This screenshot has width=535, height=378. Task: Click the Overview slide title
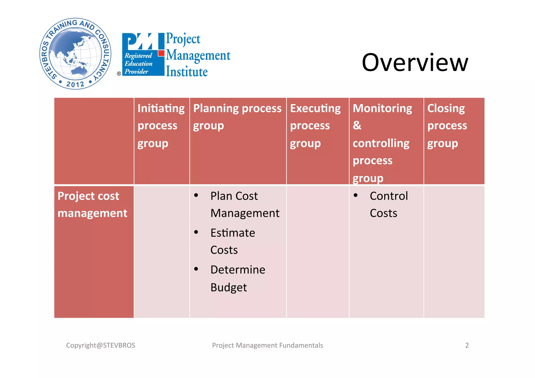[x=415, y=62]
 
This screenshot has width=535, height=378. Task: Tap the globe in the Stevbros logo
[x=75, y=54]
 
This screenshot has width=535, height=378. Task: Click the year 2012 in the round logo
[x=75, y=84]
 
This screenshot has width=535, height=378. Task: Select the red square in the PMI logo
[x=161, y=53]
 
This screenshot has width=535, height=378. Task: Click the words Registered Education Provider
[x=138, y=63]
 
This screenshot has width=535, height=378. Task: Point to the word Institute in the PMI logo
[x=187, y=72]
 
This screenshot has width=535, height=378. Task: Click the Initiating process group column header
[x=161, y=126]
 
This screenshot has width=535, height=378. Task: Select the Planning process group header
[x=237, y=117]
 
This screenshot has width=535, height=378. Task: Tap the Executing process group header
[x=315, y=126]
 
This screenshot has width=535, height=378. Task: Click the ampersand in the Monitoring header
[x=357, y=125]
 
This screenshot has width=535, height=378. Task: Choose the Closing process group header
[x=447, y=126]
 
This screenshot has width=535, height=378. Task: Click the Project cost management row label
[x=92, y=204]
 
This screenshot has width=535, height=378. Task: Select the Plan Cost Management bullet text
[x=245, y=204]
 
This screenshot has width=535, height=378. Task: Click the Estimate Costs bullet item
[x=232, y=241]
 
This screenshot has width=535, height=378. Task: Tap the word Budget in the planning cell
[x=229, y=287]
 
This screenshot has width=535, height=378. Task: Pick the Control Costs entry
[x=388, y=204]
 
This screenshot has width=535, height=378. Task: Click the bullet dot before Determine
[x=196, y=269]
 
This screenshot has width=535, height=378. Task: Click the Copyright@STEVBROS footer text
[x=101, y=345]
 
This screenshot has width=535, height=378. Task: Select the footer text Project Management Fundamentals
[x=267, y=345]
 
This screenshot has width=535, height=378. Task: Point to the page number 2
[x=467, y=345]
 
